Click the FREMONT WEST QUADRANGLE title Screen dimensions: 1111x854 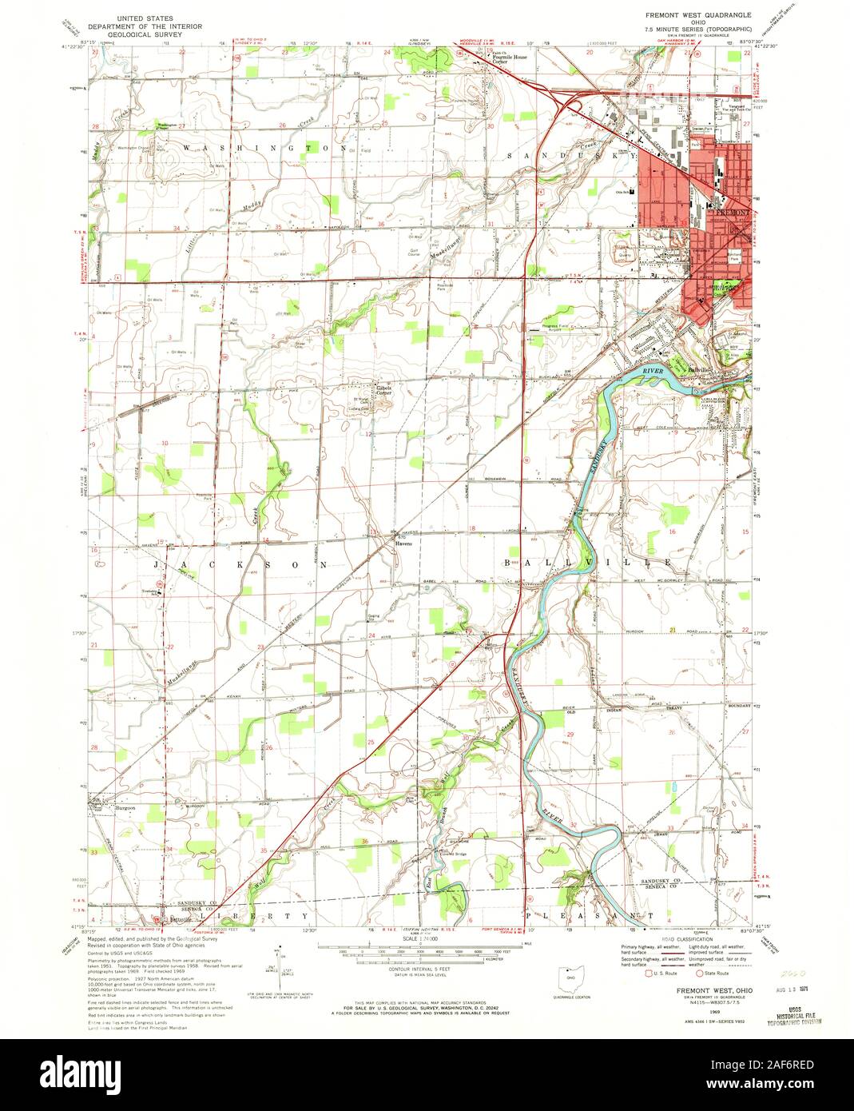click(697, 15)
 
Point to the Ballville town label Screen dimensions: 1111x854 click(700, 371)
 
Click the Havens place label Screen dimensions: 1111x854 click(402, 544)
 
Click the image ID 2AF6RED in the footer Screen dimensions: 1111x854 click(776, 1066)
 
